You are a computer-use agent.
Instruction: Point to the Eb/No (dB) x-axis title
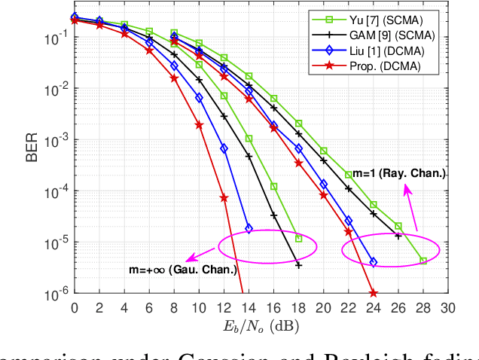(261, 325)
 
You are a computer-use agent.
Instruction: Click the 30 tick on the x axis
(448, 307)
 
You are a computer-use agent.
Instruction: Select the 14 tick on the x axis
(249, 307)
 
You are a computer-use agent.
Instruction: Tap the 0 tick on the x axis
(74, 307)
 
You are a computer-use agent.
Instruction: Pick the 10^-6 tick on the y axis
(54, 294)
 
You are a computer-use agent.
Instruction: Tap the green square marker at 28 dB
(423, 261)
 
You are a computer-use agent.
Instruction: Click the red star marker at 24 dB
(374, 293)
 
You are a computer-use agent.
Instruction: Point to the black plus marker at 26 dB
(398, 236)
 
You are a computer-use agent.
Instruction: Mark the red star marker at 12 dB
(224, 198)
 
